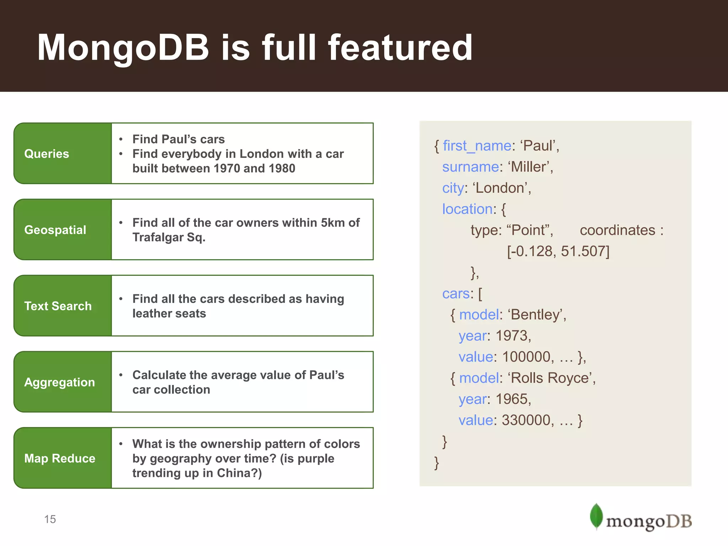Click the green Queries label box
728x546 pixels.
pos(63,154)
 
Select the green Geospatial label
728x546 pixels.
pos(63,230)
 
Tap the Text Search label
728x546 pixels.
pos(63,306)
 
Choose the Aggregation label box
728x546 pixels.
pos(63,382)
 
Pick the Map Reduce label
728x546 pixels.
pos(63,458)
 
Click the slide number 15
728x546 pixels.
pos(50,519)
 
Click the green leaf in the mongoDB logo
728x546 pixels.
pos(596,516)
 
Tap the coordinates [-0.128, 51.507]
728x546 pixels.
pos(558,251)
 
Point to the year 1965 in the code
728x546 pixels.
pos(512,399)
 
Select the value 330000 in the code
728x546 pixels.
pos(526,420)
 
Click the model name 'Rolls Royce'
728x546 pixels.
pos(551,378)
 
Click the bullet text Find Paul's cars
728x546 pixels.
pos(178,139)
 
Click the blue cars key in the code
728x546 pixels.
pos(456,294)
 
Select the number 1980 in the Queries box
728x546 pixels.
pos(282,168)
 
